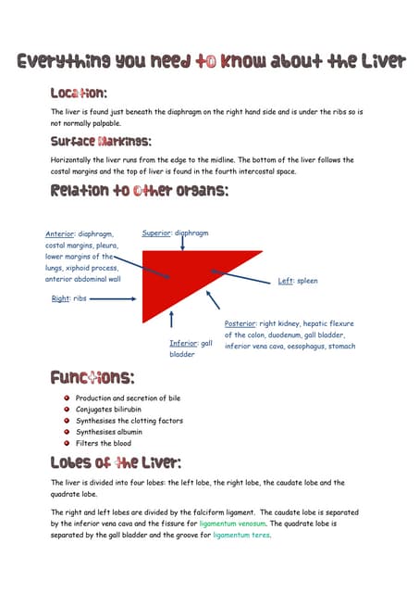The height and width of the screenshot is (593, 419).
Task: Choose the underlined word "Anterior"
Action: (60, 234)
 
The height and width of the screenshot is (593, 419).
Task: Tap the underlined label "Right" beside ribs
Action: (60, 299)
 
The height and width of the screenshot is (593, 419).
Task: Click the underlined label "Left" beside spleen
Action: (286, 281)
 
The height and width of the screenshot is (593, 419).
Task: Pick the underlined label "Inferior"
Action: (182, 344)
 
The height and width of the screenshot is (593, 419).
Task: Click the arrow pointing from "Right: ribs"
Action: (113, 299)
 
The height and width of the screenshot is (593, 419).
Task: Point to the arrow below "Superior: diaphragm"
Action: (182, 243)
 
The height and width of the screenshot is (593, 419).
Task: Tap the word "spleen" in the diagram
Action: (307, 281)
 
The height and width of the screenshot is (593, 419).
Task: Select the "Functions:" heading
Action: (92, 378)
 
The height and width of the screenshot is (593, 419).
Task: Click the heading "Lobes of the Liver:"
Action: (116, 462)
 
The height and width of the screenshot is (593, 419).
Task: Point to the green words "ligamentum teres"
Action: (241, 535)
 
